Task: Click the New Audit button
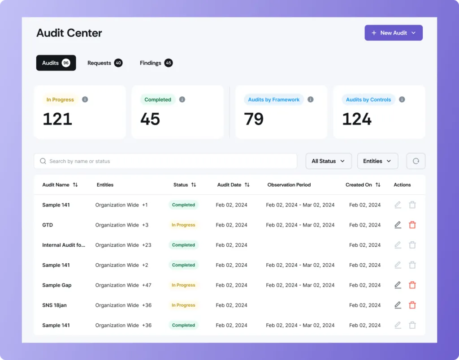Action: click(394, 33)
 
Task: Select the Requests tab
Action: click(104, 63)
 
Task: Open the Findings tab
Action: click(156, 63)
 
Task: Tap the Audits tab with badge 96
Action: click(56, 63)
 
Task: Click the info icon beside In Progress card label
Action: click(85, 99)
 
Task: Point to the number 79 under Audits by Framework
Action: click(254, 119)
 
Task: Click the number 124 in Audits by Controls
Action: click(357, 119)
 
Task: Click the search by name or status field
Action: click(165, 161)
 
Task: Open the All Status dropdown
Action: click(328, 161)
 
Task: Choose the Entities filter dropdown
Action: click(377, 161)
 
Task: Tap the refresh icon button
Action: click(416, 161)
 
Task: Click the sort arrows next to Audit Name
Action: click(75, 185)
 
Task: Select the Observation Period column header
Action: click(289, 185)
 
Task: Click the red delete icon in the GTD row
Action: click(412, 225)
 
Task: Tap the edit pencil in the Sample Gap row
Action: click(398, 285)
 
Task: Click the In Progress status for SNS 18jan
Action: click(183, 305)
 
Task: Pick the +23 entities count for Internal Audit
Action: click(147, 245)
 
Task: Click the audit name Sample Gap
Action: click(56, 285)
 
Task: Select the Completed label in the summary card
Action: click(158, 99)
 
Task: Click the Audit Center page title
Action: click(69, 33)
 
